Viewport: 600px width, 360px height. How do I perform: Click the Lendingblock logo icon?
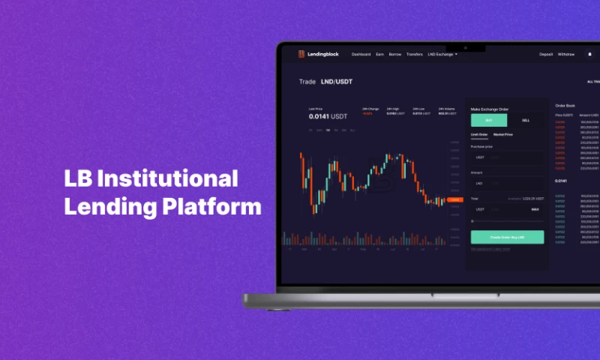(301, 54)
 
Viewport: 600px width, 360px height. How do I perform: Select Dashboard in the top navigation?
(361, 54)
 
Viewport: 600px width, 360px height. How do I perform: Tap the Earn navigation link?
(380, 54)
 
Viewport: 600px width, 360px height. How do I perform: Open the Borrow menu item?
(395, 54)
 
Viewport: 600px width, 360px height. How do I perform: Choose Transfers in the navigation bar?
(415, 54)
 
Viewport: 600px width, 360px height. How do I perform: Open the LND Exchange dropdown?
(442, 54)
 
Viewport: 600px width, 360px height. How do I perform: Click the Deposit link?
(546, 54)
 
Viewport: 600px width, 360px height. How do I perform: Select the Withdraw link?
(566, 54)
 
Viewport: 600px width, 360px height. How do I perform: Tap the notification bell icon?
(589, 54)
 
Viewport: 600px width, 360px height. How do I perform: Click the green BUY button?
(489, 120)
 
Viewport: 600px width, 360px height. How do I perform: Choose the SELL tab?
(525, 120)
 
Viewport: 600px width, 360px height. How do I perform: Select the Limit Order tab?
(479, 134)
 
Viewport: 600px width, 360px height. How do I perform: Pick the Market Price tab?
(503, 134)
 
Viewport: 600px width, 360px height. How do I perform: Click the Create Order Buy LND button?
(507, 237)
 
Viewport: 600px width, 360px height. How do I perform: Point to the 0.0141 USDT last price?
(328, 116)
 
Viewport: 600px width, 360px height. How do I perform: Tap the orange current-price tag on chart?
(454, 199)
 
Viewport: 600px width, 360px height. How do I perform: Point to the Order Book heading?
(565, 106)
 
